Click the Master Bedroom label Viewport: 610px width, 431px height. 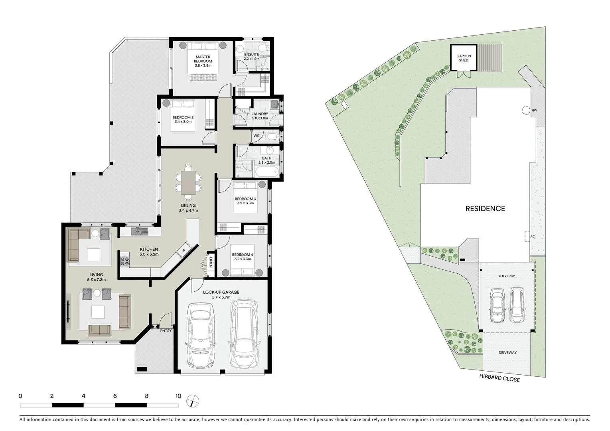(203, 59)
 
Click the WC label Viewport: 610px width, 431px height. (257, 136)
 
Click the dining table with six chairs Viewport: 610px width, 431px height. (188, 182)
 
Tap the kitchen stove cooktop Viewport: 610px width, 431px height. (125, 262)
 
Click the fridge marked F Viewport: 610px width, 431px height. (184, 250)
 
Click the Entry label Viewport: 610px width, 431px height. (166, 331)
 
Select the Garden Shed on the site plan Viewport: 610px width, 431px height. (464, 58)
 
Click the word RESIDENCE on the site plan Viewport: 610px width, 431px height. (485, 209)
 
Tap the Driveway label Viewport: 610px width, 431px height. (507, 353)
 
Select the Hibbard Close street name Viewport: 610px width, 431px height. (499, 379)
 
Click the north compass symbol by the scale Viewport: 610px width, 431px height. (192, 401)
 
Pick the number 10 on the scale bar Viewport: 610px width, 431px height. (178, 396)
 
